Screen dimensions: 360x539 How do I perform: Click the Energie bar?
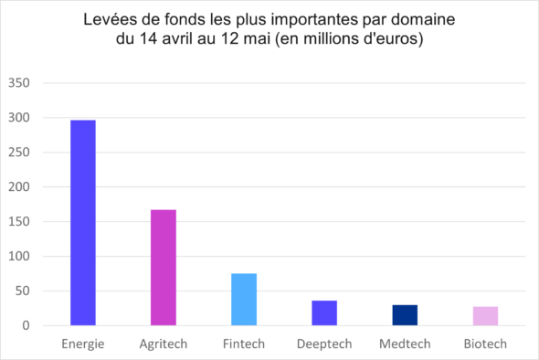83,223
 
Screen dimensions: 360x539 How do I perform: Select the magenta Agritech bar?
164,268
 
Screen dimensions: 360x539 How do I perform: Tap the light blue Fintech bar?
244,300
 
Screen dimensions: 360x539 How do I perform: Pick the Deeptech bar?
324,313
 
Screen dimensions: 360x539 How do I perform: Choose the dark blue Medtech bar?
405,315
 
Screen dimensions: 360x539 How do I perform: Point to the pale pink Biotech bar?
485,316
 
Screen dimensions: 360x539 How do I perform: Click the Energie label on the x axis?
83,344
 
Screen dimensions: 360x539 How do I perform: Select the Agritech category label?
164,344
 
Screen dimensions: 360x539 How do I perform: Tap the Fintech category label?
244,344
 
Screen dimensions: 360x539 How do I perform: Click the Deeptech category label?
324,344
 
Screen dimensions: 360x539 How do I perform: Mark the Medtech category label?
405,344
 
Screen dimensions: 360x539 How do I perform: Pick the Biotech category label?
485,344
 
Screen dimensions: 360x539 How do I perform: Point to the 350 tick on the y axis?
19,83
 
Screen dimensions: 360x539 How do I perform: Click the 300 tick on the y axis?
19,118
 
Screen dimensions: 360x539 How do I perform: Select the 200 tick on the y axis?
19,187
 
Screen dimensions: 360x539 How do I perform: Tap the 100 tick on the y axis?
19,257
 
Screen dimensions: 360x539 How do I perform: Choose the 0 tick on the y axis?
26,326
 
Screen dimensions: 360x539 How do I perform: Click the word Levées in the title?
109,20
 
